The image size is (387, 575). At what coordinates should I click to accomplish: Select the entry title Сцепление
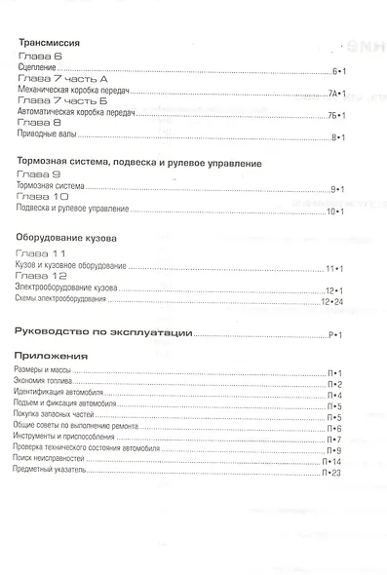pyautogui.click(x=35, y=72)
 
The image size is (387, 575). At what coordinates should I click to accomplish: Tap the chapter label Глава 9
pyautogui.click(x=38, y=172)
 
